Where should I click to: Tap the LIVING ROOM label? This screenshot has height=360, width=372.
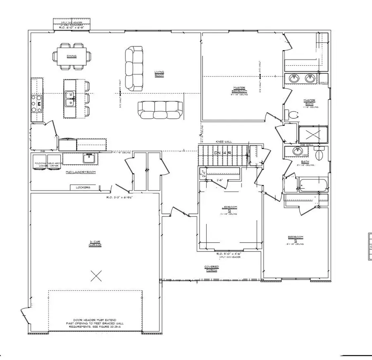pyautogui.click(x=159, y=74)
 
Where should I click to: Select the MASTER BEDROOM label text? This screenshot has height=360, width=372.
pyautogui.click(x=239, y=89)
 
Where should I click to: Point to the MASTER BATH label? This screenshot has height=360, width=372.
pyautogui.click(x=310, y=102)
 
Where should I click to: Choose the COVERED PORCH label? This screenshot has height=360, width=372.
pyautogui.click(x=211, y=268)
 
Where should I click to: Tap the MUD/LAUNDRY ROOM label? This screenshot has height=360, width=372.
pyautogui.click(x=81, y=171)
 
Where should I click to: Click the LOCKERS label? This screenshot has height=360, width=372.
pyautogui.click(x=83, y=187)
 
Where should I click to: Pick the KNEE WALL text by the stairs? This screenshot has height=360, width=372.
pyautogui.click(x=223, y=142)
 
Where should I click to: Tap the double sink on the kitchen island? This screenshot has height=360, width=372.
pyautogui.click(x=69, y=99)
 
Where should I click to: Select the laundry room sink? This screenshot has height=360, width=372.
pyautogui.click(x=89, y=158)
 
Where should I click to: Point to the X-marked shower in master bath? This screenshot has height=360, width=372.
pyautogui.click(x=312, y=134)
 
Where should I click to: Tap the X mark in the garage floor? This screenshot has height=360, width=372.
pyautogui.click(x=96, y=274)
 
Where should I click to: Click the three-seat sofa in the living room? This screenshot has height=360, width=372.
pyautogui.click(x=160, y=108)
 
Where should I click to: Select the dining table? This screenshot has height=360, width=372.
pyautogui.click(x=72, y=55)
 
